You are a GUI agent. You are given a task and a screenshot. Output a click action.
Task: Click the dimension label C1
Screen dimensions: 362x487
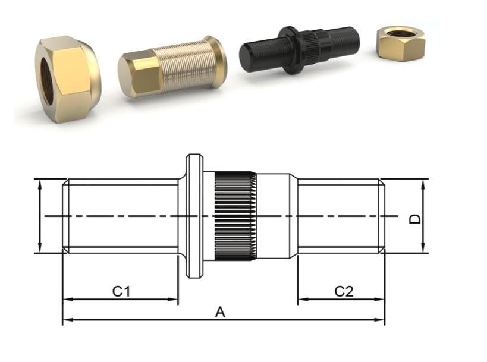coord(121,291)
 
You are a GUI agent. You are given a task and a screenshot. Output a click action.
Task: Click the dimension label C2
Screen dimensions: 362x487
coord(343,291)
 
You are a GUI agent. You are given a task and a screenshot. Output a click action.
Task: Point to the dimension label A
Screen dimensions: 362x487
coord(220,312)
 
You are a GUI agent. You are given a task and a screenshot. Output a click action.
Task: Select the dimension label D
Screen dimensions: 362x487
coord(416,218)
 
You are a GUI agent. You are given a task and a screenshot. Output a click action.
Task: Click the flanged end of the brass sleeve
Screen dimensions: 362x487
coord(216,61)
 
